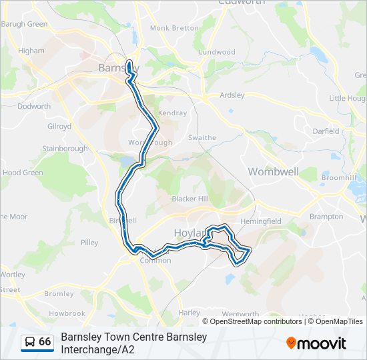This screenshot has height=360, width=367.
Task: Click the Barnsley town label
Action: (112, 67)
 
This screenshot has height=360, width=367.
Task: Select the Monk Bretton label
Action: (174, 28)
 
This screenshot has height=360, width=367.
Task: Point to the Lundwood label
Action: (217, 51)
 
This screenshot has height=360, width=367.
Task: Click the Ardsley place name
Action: (232, 95)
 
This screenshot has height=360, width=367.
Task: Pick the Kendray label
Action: (173, 113)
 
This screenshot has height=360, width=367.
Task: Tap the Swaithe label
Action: (202, 138)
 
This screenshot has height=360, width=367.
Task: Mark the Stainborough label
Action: (65, 148)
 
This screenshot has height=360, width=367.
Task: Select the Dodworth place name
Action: (34, 106)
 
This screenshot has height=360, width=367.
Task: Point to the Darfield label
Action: (326, 131)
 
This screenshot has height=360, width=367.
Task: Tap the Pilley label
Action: (89, 243)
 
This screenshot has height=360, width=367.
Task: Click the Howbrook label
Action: (67, 313)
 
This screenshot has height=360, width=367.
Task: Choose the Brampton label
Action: (326, 217)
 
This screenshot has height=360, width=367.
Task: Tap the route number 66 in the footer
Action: (45, 342)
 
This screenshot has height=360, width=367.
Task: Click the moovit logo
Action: (316, 343)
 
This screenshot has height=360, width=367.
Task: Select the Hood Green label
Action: (23, 172)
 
